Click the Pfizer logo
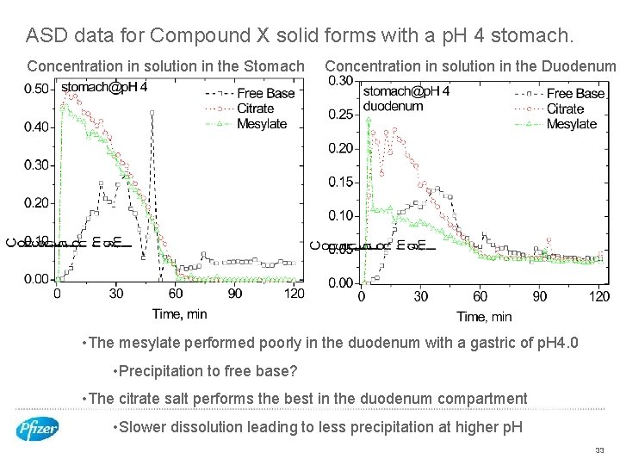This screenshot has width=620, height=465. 38,428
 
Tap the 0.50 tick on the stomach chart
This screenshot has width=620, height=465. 36,89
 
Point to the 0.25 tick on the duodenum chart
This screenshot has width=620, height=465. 341,115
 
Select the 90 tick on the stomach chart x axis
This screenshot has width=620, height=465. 235,294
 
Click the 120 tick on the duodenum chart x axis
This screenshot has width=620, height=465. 599,296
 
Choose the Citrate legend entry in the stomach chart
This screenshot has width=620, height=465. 255,108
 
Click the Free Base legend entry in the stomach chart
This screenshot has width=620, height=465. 265,93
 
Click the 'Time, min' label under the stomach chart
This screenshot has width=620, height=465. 179,313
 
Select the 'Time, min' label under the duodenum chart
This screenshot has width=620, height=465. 484,317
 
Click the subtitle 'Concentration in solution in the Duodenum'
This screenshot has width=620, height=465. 470,66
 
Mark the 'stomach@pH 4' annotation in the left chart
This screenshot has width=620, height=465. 104,87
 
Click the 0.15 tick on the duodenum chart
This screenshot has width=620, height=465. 341,182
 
